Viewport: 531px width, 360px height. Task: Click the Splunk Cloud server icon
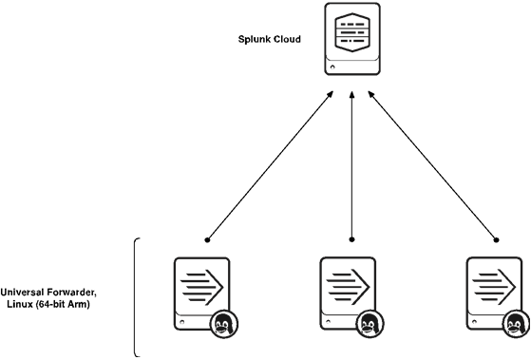[352, 40]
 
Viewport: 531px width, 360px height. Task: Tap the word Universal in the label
[26, 292]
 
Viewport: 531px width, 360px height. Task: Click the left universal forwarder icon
[201, 292]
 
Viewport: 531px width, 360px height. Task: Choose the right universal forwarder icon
[495, 292]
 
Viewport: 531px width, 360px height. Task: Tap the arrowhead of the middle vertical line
[352, 92]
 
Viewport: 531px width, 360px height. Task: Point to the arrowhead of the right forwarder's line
[368, 92]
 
